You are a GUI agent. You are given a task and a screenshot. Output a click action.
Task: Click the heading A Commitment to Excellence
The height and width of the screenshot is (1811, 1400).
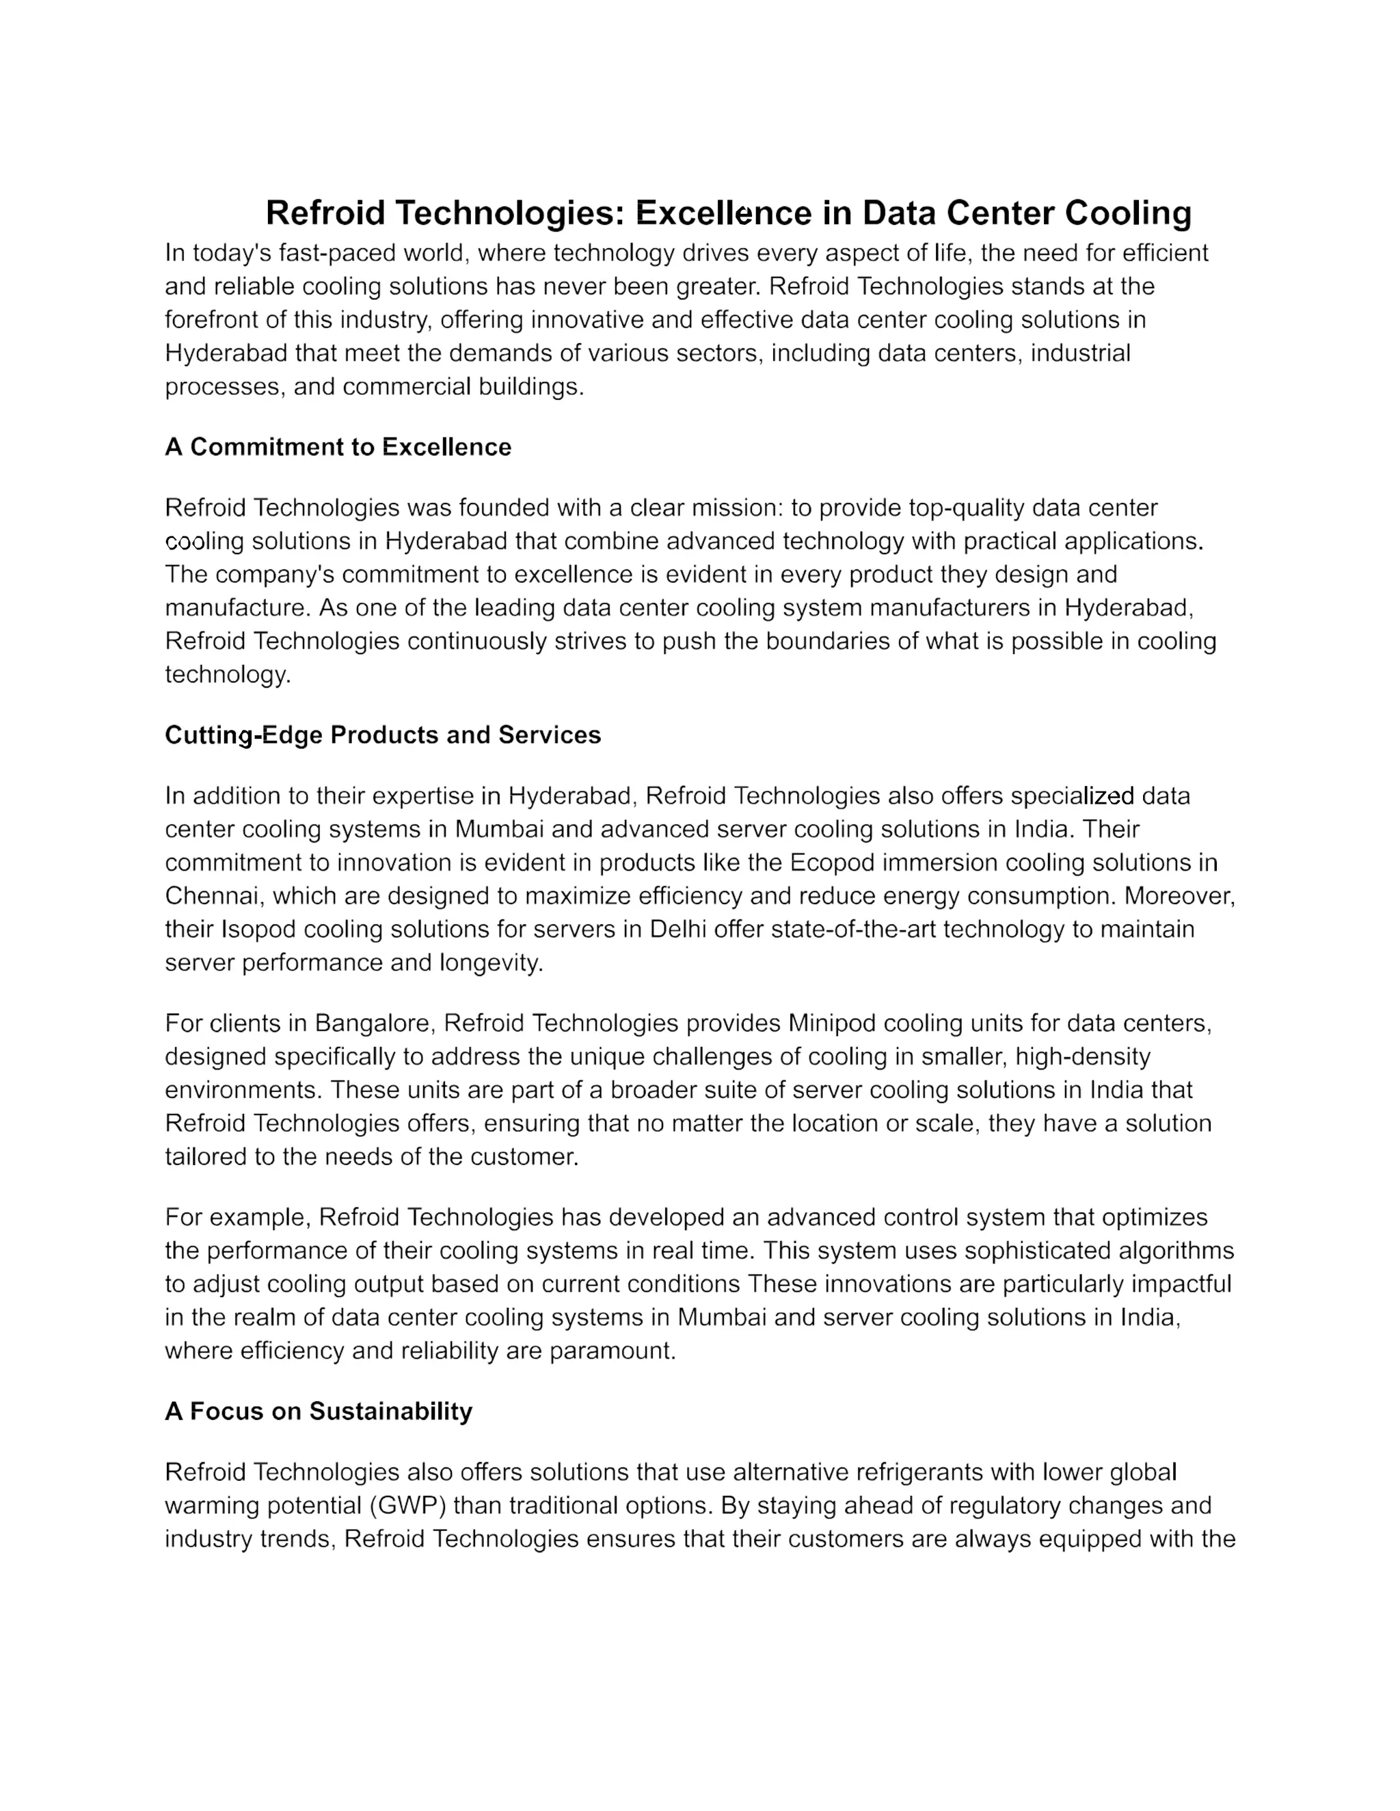pos(338,447)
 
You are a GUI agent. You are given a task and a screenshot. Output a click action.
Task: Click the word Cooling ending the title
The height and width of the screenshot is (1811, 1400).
pos(1128,213)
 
